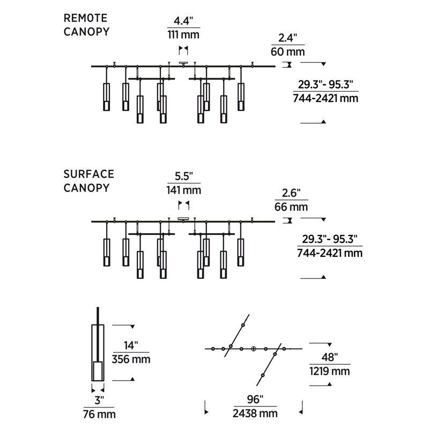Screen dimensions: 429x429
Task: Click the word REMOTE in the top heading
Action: click(x=85, y=18)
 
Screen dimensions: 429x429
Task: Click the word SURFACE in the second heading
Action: click(x=88, y=174)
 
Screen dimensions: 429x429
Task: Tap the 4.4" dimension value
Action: click(x=183, y=21)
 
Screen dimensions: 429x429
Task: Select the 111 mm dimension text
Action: click(x=183, y=35)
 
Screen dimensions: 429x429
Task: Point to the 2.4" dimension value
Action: click(x=288, y=38)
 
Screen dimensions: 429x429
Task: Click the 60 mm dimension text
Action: click(x=288, y=51)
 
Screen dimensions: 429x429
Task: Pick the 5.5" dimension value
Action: click(x=184, y=176)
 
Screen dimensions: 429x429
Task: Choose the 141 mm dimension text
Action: click(x=184, y=190)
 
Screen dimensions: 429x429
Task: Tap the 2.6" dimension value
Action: click(x=291, y=193)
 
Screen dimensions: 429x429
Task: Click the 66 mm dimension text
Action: click(x=291, y=207)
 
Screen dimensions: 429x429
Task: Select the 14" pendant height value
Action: click(x=131, y=345)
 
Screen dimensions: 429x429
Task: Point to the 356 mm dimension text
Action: click(x=131, y=359)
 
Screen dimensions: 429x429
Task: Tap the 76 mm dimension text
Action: click(x=99, y=414)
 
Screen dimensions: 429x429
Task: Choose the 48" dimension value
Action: click(x=330, y=357)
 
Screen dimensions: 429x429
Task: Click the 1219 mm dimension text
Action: click(x=330, y=371)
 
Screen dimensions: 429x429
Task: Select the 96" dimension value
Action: click(x=255, y=400)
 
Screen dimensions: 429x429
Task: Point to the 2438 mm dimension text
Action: click(x=255, y=413)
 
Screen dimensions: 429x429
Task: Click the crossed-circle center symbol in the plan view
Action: click(x=254, y=349)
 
